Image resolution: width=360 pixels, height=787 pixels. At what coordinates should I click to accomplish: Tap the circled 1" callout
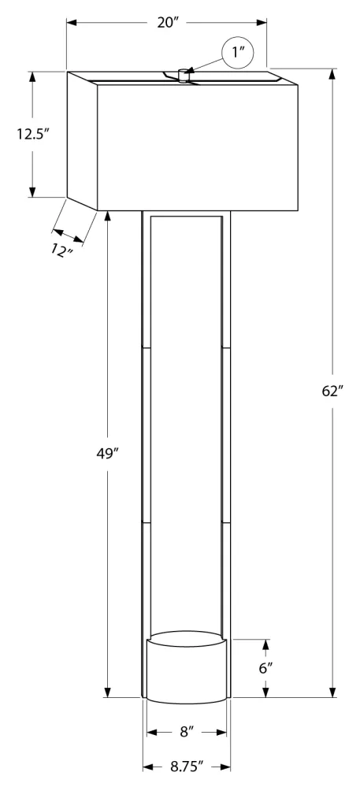(238, 53)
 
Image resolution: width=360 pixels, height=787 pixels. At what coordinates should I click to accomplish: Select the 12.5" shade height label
(32, 134)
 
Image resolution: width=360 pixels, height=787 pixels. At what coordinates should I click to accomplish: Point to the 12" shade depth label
(62, 250)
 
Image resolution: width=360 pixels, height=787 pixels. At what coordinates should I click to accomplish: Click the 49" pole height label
(107, 453)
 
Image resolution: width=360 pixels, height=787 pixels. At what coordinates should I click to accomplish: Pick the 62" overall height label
(332, 392)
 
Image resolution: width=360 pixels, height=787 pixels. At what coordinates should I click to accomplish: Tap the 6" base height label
(266, 667)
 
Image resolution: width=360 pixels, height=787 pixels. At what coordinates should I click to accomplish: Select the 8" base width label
(187, 732)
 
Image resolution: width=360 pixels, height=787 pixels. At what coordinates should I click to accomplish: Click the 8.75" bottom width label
(187, 767)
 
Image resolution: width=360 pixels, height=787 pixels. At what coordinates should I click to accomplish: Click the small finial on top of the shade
(184, 75)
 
